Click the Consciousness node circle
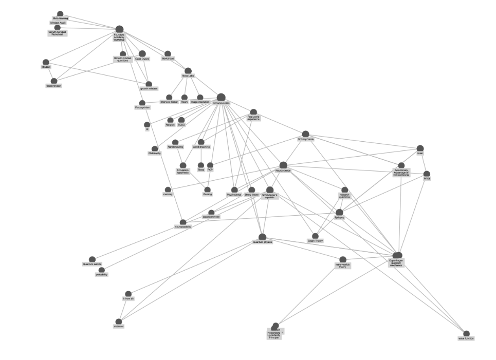pos(221,98)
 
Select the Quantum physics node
pos(262,237)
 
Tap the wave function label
pos(466,338)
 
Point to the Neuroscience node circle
pos(283,165)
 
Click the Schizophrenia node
pos(305,134)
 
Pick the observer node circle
pos(119,321)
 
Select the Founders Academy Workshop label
pos(119,37)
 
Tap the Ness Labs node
pos(188,71)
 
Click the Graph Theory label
pos(315,241)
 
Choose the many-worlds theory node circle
pos(343,259)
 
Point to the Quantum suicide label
pos(92,264)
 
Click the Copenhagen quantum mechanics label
pos(396,263)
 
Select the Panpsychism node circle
pos(142,103)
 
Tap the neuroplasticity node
pos(183,222)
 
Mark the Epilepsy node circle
pos(339,212)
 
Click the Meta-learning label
pos(60,18)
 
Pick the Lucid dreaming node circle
pos(201,142)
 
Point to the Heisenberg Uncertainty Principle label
pos(274,335)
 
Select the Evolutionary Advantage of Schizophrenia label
pos(401,173)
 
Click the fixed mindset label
pos(53,86)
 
